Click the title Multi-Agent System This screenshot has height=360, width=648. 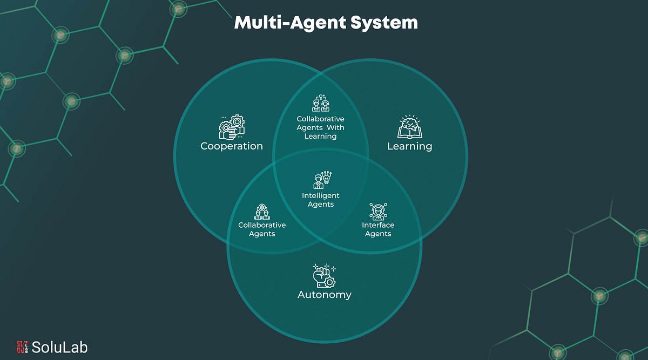(x=326, y=23)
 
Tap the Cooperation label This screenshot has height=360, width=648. (x=232, y=146)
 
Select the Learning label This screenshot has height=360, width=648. (x=409, y=146)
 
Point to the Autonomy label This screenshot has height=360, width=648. (x=325, y=295)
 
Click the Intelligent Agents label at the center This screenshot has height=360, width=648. (x=321, y=200)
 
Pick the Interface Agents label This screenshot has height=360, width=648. (x=378, y=229)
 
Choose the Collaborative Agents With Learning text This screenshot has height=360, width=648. (x=320, y=127)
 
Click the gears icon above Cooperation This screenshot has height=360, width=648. (x=232, y=126)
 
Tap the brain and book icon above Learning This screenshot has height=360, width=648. (x=409, y=127)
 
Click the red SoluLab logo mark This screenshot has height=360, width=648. (x=22, y=347)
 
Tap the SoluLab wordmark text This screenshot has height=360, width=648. (x=59, y=347)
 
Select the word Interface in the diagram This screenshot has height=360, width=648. (x=378, y=225)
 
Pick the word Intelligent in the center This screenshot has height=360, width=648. (x=321, y=195)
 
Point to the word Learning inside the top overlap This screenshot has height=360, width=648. (x=320, y=136)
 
